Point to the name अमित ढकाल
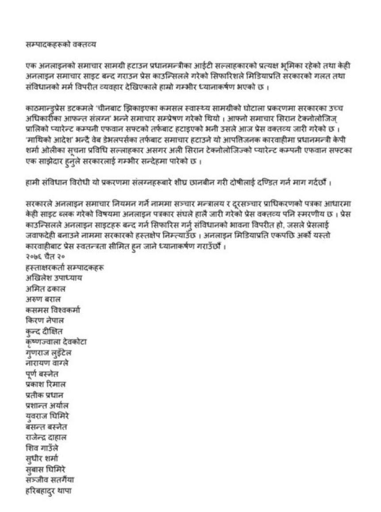(46, 289)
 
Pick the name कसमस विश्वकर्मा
(53, 310)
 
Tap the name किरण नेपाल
(45, 320)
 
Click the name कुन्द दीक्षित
(44, 331)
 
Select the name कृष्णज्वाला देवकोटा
(56, 341)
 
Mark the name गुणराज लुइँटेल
(49, 353)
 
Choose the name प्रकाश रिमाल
(46, 384)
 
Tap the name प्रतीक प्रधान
(45, 395)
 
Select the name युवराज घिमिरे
(47, 416)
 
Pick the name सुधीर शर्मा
(42, 458)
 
